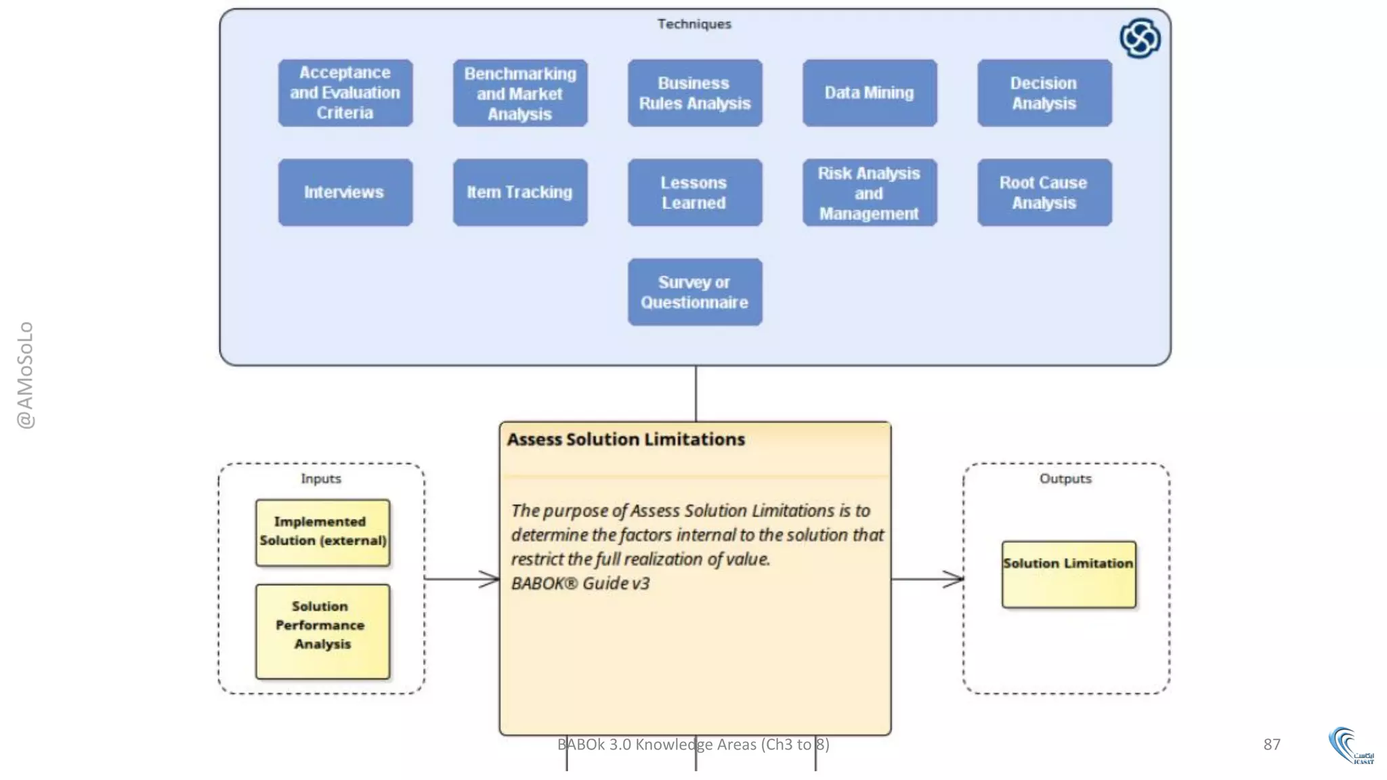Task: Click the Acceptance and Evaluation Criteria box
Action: click(345, 93)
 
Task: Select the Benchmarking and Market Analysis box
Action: click(519, 93)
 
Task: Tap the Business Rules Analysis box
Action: click(694, 93)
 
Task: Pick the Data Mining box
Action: click(869, 93)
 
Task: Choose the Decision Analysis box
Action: click(1044, 93)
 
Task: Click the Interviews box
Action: click(345, 192)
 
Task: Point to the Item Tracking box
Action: click(519, 192)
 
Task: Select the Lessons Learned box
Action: click(694, 192)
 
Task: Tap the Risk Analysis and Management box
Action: click(869, 192)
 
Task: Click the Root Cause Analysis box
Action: click(1044, 192)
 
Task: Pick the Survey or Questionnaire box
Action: click(694, 292)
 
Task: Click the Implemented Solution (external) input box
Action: click(322, 532)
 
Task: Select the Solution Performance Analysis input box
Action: click(322, 631)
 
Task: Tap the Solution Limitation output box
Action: click(1068, 573)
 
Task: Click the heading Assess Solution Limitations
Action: click(625, 439)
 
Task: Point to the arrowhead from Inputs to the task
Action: click(490, 579)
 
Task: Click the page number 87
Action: click(1271, 744)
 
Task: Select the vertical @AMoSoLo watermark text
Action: click(25, 374)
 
